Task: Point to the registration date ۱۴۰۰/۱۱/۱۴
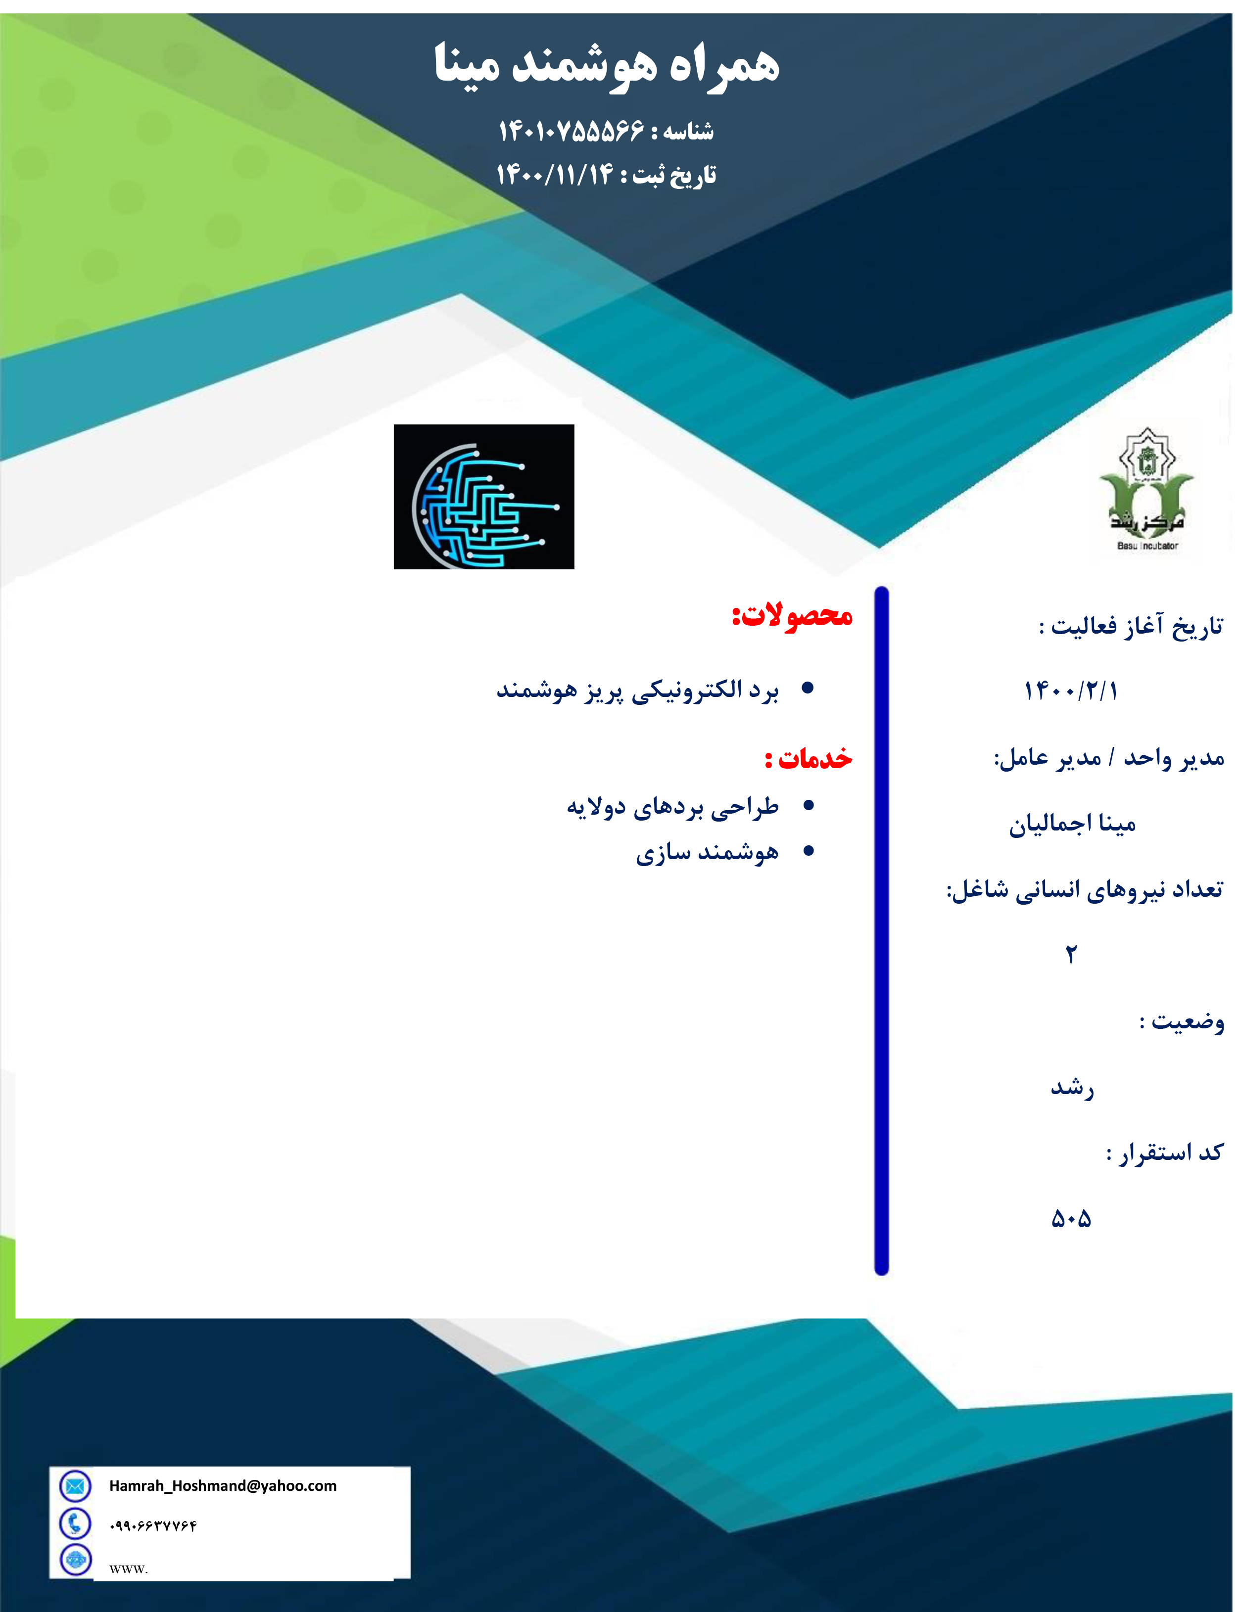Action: [x=555, y=175]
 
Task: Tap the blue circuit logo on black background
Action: [x=484, y=496]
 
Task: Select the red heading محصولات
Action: [x=792, y=615]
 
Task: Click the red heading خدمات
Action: [x=809, y=758]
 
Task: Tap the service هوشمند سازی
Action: [x=707, y=853]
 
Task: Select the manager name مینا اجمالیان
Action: [x=1072, y=824]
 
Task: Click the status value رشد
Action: [x=1072, y=1087]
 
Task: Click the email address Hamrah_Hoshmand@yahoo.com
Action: [x=223, y=1486]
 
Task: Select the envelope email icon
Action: [x=75, y=1486]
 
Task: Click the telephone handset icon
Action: [x=75, y=1523]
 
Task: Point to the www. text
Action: [x=129, y=1568]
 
